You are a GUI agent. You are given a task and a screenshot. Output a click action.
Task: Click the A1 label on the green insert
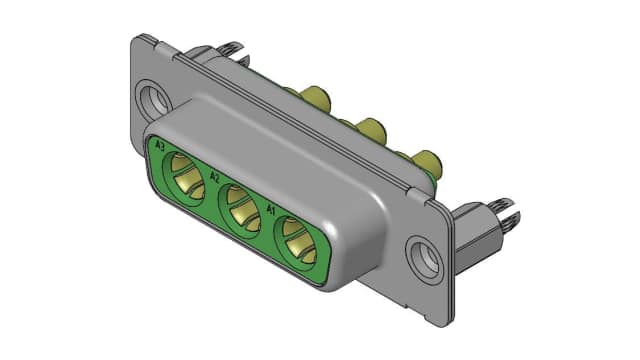coord(271,211)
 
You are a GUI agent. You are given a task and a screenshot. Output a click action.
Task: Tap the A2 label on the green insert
coord(214,177)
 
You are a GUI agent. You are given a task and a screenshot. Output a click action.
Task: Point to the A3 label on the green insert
coord(160,146)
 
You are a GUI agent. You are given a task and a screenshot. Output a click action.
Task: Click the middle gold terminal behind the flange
coord(369,130)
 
